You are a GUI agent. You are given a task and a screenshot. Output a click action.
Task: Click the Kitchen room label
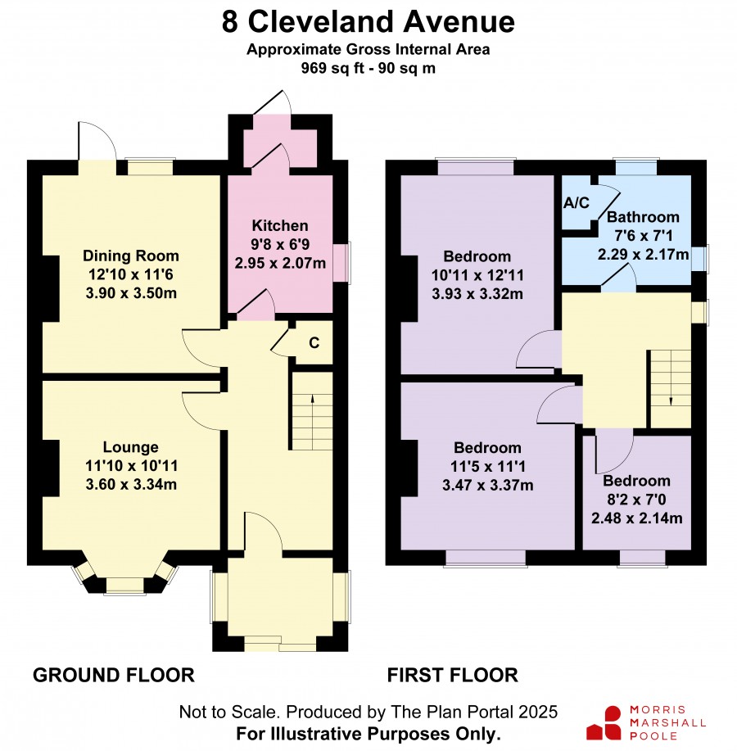click(x=280, y=225)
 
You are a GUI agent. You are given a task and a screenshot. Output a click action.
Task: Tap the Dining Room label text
click(x=131, y=256)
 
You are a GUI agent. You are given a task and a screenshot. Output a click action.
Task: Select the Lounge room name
click(x=131, y=447)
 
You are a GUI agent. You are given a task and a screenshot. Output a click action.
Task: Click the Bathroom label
click(x=643, y=217)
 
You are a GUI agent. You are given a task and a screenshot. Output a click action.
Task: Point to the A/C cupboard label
click(x=576, y=203)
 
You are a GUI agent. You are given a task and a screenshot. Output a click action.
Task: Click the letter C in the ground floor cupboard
click(x=314, y=343)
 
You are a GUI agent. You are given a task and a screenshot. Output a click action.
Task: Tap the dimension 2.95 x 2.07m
click(x=280, y=263)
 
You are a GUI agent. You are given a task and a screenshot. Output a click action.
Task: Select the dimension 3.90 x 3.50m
click(x=131, y=292)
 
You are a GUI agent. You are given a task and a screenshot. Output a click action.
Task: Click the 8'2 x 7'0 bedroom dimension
click(x=636, y=500)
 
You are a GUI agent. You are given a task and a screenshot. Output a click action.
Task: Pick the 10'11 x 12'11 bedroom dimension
click(x=477, y=275)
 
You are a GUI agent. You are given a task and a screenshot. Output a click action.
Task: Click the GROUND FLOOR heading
click(x=114, y=676)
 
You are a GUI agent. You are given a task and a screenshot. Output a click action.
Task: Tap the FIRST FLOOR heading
click(x=453, y=676)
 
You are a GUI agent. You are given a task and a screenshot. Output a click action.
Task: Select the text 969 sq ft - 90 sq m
click(x=368, y=68)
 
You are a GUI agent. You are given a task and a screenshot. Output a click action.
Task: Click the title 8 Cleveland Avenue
click(x=368, y=22)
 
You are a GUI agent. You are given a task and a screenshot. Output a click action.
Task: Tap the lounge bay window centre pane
click(x=124, y=586)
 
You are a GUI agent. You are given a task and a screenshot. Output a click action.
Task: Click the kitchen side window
click(x=342, y=262)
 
